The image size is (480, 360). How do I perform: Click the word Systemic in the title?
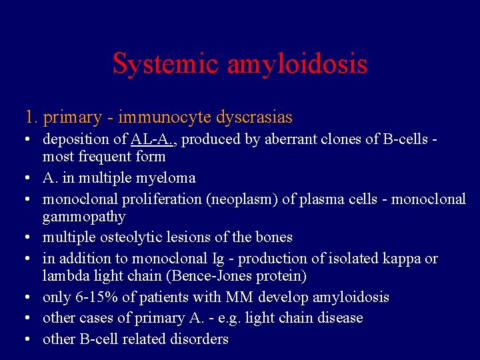click(x=166, y=64)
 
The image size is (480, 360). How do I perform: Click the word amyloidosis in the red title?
click(x=297, y=64)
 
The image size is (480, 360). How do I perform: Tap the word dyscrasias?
click(x=255, y=118)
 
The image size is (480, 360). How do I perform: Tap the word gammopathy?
click(x=84, y=217)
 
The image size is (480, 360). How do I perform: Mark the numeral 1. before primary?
click(x=30, y=118)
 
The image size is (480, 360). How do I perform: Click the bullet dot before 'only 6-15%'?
click(x=23, y=297)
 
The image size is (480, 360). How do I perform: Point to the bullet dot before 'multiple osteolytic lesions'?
click(x=23, y=237)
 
